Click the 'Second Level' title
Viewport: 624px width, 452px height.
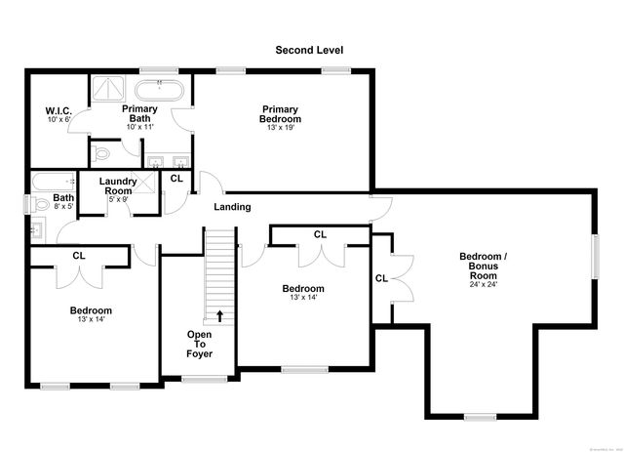pos(309,50)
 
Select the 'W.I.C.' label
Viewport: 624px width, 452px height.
pos(58,110)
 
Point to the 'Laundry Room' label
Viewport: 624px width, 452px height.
pos(117,186)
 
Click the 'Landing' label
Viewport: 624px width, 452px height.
pos(232,207)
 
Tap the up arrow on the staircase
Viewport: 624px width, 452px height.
pos(220,315)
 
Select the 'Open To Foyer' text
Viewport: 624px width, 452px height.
pos(200,344)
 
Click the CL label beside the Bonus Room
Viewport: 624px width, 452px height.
pos(381,278)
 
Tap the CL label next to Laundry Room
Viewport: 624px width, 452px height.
pos(176,179)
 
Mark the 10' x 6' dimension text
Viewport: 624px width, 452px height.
pos(58,120)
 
